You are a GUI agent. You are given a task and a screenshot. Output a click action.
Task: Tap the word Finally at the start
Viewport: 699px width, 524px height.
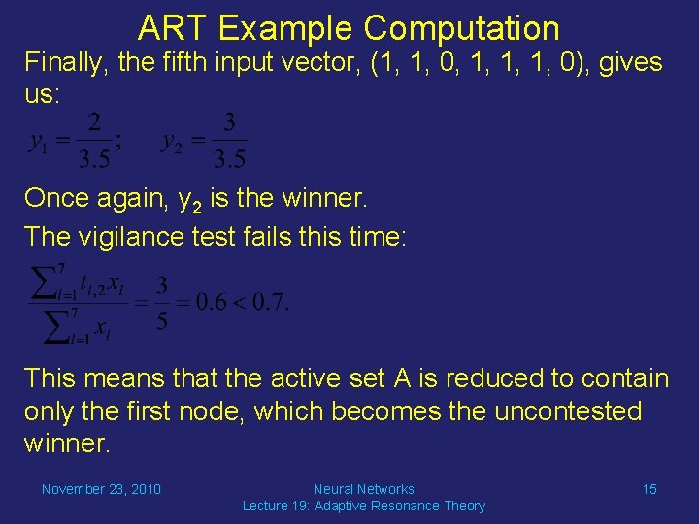coord(64,64)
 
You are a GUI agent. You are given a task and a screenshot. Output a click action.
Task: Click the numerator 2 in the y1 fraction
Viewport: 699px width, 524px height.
coord(93,123)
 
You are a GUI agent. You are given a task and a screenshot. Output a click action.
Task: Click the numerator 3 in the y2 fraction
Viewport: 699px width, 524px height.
coord(228,123)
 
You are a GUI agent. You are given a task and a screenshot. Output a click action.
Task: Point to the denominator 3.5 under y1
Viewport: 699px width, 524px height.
coord(93,157)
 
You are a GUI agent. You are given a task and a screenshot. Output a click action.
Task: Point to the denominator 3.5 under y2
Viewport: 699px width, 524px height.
coord(228,157)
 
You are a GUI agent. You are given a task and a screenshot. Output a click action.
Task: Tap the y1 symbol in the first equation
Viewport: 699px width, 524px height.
coord(38,142)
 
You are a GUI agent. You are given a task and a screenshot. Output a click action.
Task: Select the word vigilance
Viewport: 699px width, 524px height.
coord(117,236)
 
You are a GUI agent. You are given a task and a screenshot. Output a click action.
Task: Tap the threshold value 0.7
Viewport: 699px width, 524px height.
coord(269,302)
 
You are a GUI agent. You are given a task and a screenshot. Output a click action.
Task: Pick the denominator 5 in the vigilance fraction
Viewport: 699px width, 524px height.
coord(162,321)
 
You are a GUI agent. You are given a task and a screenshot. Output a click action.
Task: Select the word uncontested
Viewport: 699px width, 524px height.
coord(568,411)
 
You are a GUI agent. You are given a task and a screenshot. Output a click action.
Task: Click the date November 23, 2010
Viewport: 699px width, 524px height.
coord(101,489)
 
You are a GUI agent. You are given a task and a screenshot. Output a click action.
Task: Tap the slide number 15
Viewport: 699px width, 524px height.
coord(649,489)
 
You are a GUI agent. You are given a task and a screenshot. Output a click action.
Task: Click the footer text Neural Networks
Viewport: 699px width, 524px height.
coord(363,489)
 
